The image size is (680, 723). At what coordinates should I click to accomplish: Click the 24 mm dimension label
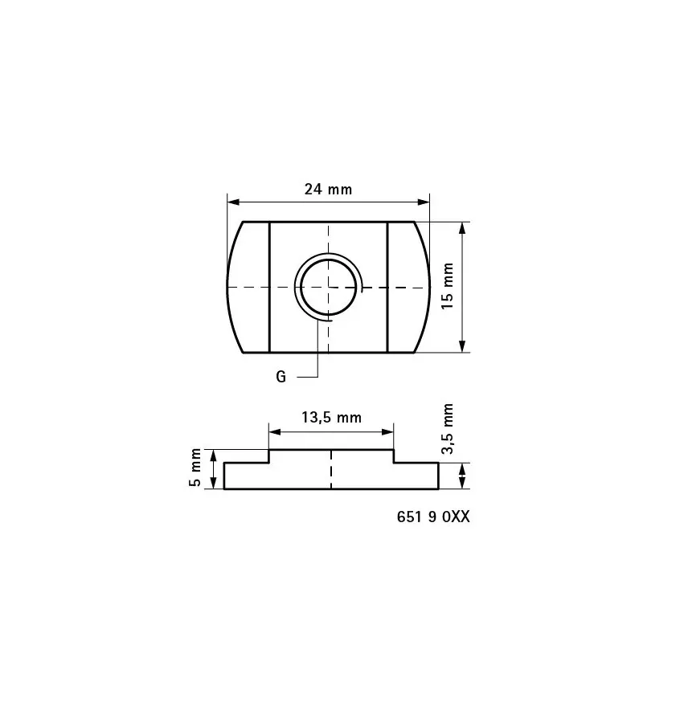pyautogui.click(x=328, y=190)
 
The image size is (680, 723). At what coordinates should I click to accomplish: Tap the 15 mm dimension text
pyautogui.click(x=448, y=285)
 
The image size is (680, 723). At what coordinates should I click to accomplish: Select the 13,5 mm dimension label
pyautogui.click(x=331, y=418)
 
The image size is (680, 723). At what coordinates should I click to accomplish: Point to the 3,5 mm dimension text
pyautogui.click(x=448, y=429)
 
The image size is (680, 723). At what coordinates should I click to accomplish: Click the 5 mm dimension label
pyautogui.click(x=195, y=469)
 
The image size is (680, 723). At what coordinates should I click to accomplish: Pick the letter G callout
pyautogui.click(x=281, y=377)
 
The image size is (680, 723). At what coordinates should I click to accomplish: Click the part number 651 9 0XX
pyautogui.click(x=432, y=517)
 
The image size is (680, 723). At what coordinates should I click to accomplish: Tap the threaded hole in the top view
pyautogui.click(x=328, y=286)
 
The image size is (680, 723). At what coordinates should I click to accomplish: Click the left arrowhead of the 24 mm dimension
pyautogui.click(x=232, y=202)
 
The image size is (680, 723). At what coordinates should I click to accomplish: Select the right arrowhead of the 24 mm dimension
pyautogui.click(x=424, y=202)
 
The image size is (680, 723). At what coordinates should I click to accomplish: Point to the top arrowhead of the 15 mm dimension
pyautogui.click(x=462, y=227)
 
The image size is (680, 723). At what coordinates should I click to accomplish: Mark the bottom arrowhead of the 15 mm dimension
pyautogui.click(x=462, y=346)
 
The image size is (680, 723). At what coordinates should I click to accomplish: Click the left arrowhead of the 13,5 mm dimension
pyautogui.click(x=273, y=432)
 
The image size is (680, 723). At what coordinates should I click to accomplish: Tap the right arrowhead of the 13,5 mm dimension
pyautogui.click(x=389, y=432)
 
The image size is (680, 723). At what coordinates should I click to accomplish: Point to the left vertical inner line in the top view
pyautogui.click(x=269, y=286)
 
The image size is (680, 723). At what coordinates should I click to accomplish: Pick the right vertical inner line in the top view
pyautogui.click(x=387, y=286)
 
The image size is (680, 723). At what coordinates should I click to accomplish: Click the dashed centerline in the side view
pyautogui.click(x=330, y=469)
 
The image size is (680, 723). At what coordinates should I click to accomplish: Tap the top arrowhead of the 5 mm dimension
pyautogui.click(x=213, y=455)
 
